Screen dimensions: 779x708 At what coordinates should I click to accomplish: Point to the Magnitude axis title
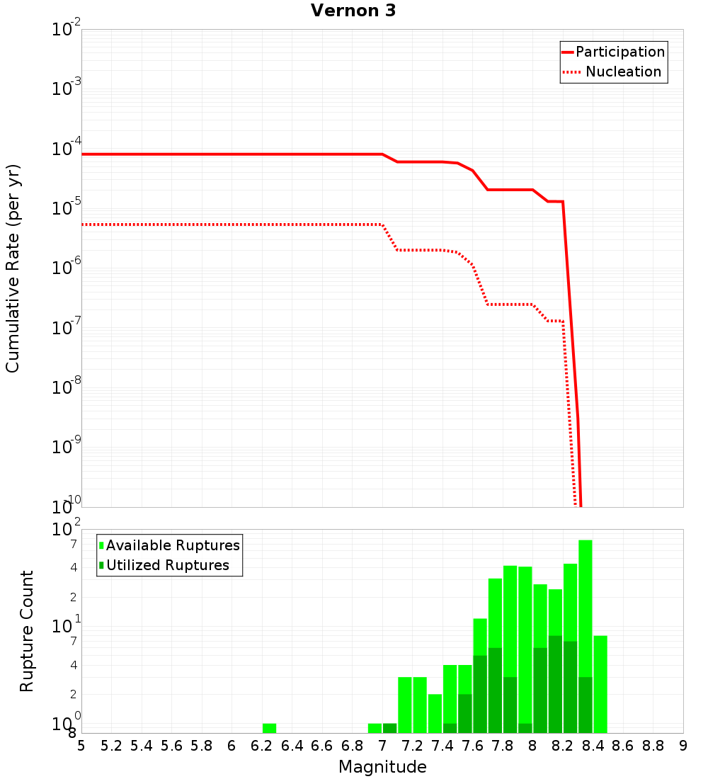click(382, 767)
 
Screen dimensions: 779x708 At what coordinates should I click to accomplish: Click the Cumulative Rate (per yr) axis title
click(13, 268)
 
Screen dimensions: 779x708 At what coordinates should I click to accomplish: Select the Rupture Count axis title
click(27, 630)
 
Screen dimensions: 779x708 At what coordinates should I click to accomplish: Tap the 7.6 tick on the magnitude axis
click(472, 746)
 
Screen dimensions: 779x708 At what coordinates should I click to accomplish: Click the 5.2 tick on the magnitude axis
click(111, 746)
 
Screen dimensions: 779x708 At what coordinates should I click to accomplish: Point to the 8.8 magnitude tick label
click(653, 746)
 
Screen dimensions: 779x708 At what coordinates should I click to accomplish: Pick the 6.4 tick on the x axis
click(292, 746)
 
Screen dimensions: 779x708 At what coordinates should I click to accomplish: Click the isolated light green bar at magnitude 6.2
click(269, 728)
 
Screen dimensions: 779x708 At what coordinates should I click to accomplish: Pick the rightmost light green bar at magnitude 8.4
click(600, 683)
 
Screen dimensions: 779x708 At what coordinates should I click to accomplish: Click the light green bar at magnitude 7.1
click(405, 705)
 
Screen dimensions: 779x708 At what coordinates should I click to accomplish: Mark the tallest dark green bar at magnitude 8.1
click(555, 683)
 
